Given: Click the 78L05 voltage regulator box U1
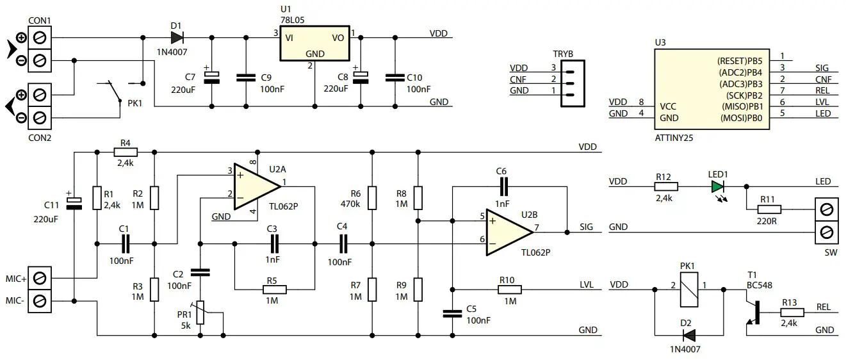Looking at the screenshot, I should tap(314, 44).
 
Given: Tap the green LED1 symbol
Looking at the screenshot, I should tap(717, 187).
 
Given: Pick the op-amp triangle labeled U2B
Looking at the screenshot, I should tap(509, 232).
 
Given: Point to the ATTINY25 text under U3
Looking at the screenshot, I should tap(674, 137).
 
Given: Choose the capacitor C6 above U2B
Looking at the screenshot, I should tap(503, 186).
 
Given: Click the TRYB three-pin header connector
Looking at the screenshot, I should tap(571, 79).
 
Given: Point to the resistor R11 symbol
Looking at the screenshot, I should tap(769, 209).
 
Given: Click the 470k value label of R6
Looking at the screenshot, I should tap(352, 204).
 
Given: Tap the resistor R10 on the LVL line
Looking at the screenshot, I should tap(510, 289).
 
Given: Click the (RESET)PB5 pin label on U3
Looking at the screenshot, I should tap(739, 61).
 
